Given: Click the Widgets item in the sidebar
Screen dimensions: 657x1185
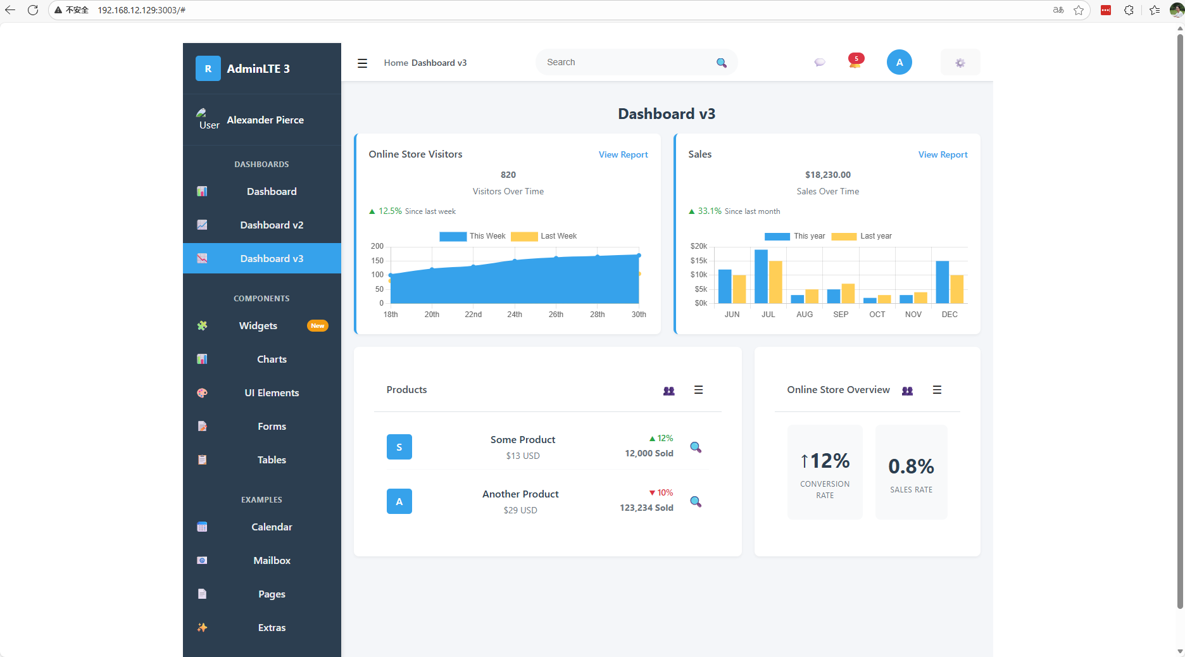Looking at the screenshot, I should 258,326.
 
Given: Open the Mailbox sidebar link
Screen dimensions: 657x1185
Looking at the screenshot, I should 272,561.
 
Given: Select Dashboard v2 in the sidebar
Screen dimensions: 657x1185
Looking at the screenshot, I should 272,225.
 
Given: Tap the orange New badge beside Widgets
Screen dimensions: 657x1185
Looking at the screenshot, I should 317,326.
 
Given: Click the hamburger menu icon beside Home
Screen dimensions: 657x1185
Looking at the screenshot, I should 362,63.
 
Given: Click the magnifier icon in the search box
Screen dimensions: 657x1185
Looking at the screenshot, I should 721,63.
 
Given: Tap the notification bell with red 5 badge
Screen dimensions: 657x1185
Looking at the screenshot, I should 855,62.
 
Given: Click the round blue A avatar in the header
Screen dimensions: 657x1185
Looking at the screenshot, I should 899,62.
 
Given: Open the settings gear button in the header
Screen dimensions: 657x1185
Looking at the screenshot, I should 960,63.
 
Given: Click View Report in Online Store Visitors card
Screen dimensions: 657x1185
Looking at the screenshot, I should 623,155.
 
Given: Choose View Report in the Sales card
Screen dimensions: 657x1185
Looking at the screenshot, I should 943,155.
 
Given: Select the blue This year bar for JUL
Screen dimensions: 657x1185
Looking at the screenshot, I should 761,277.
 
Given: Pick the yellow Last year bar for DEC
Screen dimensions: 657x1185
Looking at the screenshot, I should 956,289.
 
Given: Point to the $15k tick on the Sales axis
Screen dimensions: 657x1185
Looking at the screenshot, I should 699,261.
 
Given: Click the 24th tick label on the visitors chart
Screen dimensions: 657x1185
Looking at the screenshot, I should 515,315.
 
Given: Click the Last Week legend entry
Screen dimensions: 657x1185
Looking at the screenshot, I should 544,236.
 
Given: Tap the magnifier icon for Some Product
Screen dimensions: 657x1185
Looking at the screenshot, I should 695,447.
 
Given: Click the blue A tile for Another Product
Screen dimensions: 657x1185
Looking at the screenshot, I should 399,501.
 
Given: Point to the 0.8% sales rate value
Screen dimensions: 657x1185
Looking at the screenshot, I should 911,466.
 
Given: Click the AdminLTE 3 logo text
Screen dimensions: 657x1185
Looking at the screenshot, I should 258,69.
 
